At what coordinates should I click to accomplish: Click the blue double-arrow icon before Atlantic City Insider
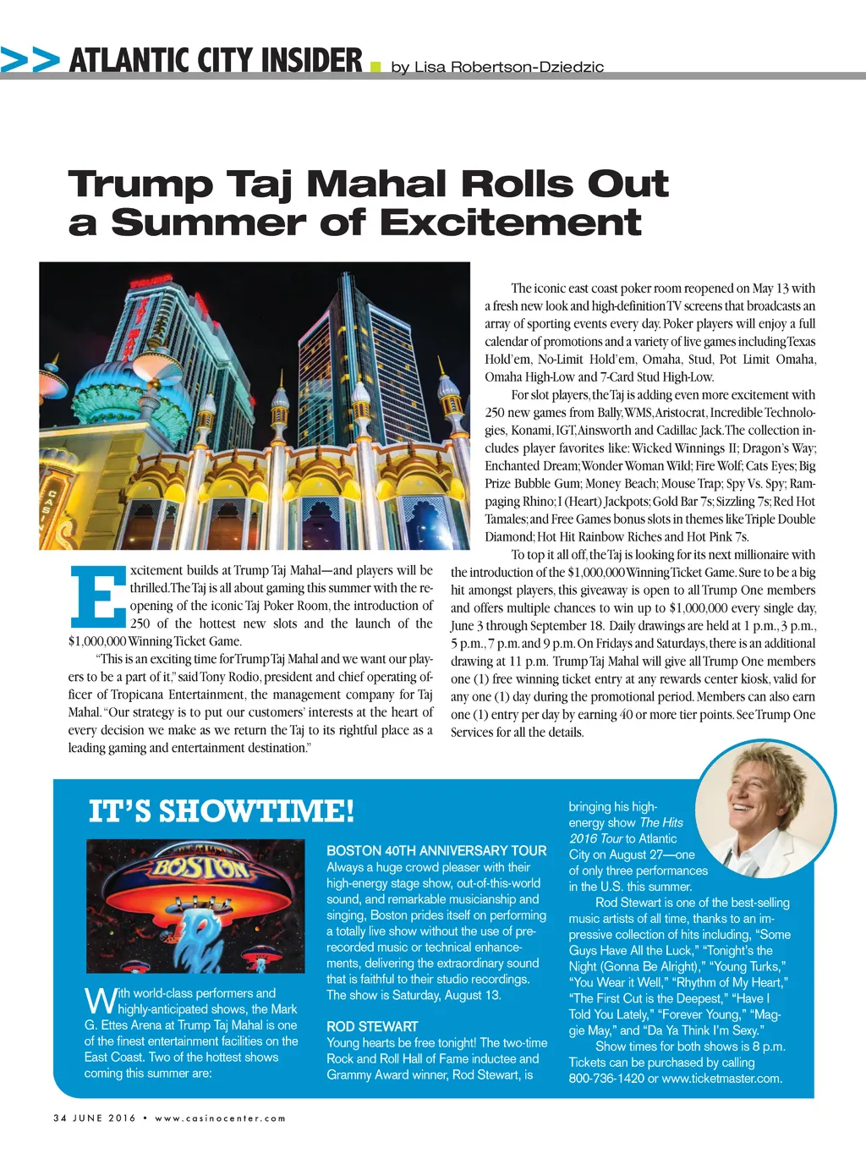(30, 60)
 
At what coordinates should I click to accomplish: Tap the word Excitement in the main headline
(510, 222)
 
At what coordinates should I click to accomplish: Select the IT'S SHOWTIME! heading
(222, 810)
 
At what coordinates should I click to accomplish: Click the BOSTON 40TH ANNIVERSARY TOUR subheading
(436, 850)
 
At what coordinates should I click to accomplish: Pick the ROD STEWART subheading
(372, 1026)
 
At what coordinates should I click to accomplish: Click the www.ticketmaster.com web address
(721, 1078)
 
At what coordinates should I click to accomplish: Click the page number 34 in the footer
(59, 1118)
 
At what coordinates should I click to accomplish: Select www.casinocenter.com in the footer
(220, 1118)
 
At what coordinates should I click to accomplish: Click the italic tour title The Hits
(661, 822)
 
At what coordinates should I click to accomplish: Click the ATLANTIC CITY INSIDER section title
(216, 60)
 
